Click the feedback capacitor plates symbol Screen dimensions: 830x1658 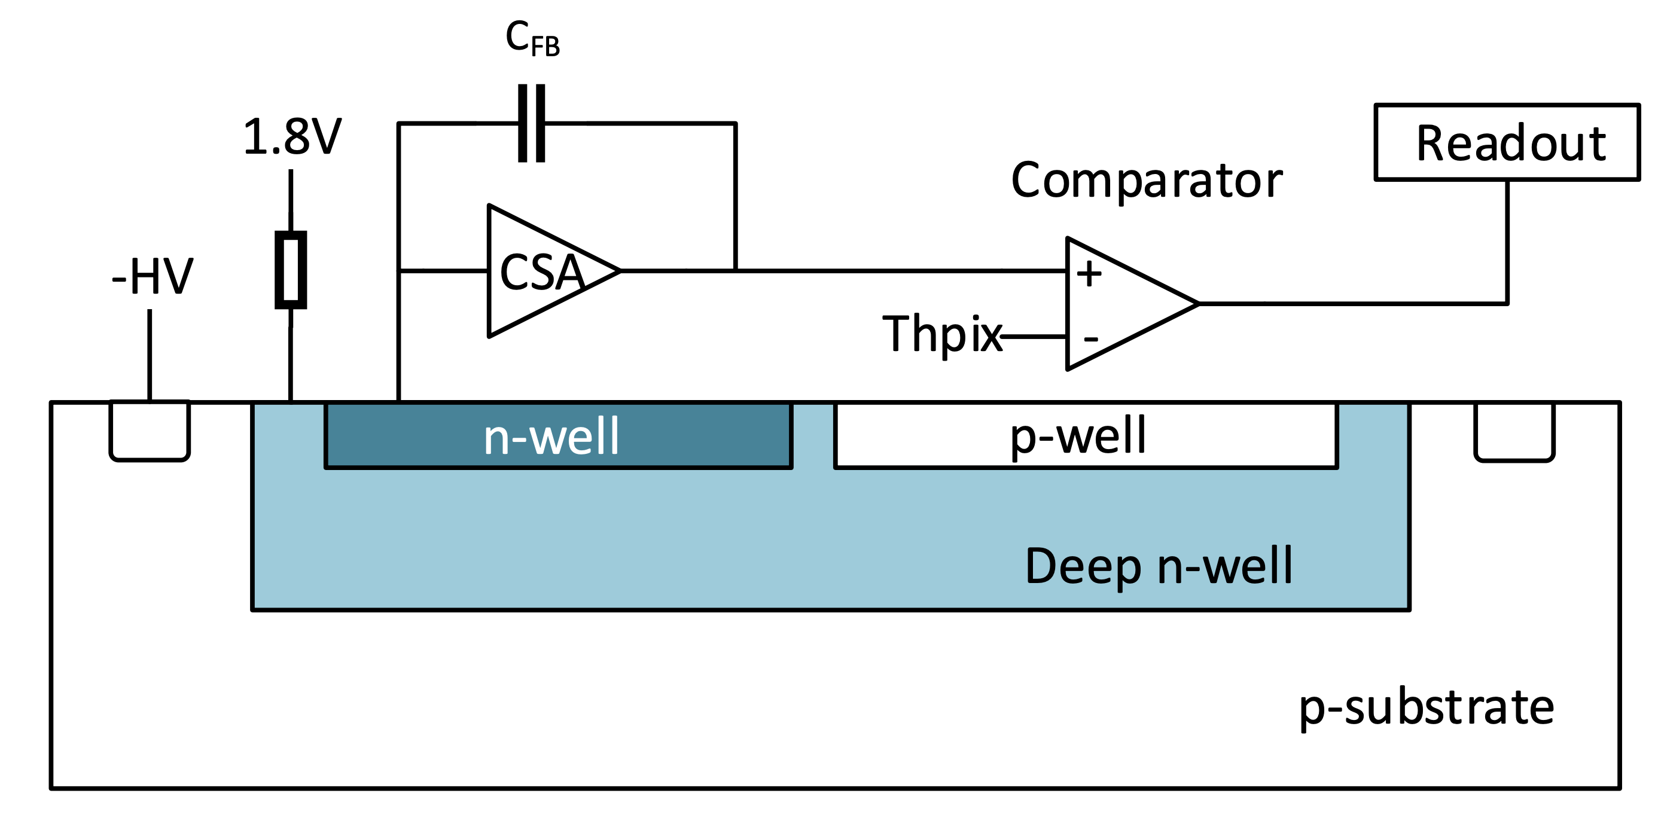tap(532, 123)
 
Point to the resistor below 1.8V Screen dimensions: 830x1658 tap(291, 270)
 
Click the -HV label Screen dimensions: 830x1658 tap(152, 277)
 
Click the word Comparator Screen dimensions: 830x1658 tap(1147, 180)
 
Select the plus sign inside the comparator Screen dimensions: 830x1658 tap(1089, 273)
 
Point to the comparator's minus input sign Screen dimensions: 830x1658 tap(1090, 338)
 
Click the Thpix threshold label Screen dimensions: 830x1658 tap(941, 334)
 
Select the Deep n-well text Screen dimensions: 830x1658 tap(1159, 566)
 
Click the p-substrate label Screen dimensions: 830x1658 tap(1426, 708)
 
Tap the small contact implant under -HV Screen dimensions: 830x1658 tap(150, 430)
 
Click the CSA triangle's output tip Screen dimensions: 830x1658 tap(618, 271)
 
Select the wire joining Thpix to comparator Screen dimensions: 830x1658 tap(1034, 336)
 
